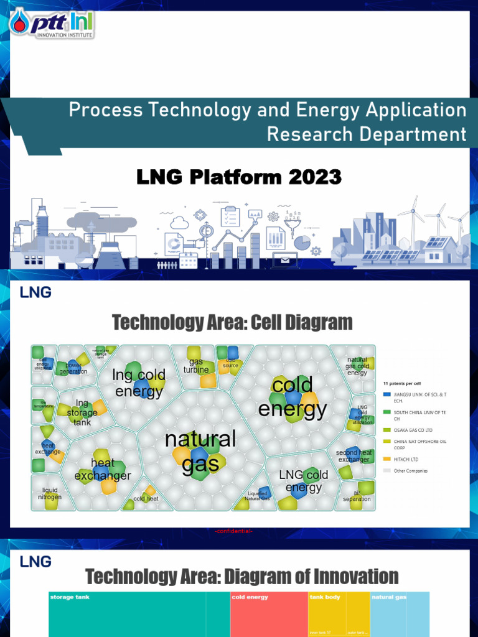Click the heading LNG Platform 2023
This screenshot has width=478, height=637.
[x=239, y=177]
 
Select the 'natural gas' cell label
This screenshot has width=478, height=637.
[x=200, y=451]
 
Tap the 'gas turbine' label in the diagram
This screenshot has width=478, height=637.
[x=196, y=366]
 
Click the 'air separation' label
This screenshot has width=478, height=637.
[x=357, y=496]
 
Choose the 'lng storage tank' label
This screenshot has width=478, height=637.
[x=82, y=412]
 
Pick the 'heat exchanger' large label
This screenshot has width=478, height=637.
[x=103, y=470]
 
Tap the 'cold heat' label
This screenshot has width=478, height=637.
[x=146, y=498]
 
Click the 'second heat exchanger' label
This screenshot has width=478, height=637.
[x=354, y=456]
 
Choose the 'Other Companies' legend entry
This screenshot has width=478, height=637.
[x=411, y=471]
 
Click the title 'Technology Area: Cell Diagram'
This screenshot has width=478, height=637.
[x=232, y=322]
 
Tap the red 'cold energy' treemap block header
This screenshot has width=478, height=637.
[x=250, y=597]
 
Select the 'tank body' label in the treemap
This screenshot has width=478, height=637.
[x=324, y=597]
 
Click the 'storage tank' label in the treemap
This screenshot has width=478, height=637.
[x=70, y=597]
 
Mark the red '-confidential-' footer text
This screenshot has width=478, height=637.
[x=233, y=531]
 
